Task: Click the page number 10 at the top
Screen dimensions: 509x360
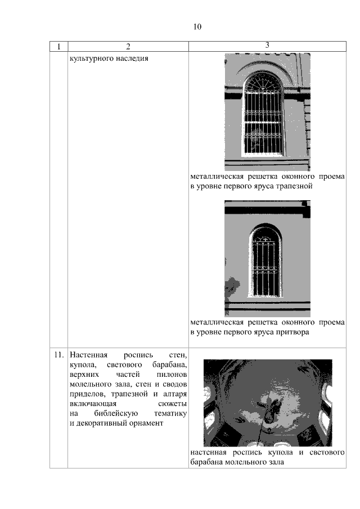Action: point(197,26)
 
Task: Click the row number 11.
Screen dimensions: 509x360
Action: point(58,355)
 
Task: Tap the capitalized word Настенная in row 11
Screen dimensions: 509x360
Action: point(88,355)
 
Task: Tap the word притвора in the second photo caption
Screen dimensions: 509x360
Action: point(294,332)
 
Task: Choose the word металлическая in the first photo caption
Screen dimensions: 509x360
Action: point(215,177)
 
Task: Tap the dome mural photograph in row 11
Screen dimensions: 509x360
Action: point(267,402)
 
